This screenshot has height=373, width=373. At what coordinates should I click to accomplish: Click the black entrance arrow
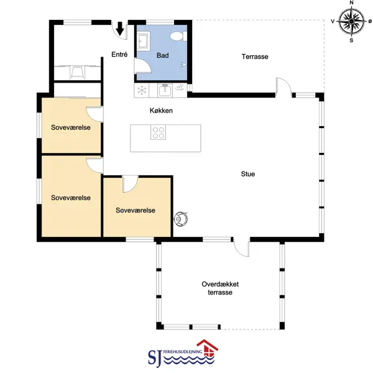[120, 29]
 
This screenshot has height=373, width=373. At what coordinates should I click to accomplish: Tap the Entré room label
[119, 55]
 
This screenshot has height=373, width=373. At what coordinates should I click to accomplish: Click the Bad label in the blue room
[163, 55]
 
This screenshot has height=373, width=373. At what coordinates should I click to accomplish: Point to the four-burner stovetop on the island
[158, 133]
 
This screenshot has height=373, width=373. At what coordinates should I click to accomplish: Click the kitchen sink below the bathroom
[165, 91]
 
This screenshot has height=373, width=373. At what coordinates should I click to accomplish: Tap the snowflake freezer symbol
[142, 90]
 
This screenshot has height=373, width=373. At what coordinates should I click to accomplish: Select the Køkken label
[161, 111]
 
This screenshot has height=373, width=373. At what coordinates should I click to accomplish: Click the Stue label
[248, 174]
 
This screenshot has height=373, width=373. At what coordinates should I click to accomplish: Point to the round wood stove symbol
[181, 219]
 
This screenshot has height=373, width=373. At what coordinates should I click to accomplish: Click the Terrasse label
[255, 57]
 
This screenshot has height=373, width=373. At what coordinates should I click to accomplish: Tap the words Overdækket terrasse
[220, 288]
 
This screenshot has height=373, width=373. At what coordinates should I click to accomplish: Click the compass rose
[351, 21]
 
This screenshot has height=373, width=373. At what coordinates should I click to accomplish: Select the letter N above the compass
[351, 2]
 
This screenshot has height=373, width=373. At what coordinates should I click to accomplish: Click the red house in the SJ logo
[208, 348]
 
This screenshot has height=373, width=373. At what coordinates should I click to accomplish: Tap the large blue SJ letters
[155, 357]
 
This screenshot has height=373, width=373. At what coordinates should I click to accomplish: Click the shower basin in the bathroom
[143, 40]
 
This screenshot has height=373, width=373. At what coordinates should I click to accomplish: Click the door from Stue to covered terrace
[241, 247]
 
